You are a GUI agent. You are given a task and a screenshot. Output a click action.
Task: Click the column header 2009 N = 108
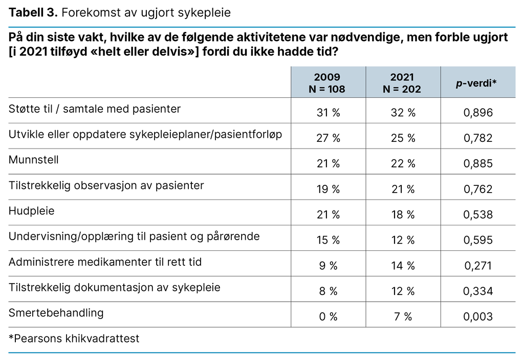[329, 83]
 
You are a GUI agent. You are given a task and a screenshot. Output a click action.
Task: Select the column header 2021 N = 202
[402, 83]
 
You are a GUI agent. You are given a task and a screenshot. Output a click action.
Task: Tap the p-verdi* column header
[477, 83]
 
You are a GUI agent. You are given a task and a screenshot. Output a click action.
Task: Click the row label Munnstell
[34, 160]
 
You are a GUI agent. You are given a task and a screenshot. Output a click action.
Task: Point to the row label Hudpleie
[32, 211]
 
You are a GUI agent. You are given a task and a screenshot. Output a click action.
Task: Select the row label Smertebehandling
[56, 313]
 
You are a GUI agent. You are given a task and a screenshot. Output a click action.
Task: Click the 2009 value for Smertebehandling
[328, 316]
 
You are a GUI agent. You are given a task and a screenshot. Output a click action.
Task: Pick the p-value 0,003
[477, 316]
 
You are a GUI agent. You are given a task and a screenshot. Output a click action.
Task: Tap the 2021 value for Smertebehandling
[402, 316]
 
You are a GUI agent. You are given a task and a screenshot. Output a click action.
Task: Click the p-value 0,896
[477, 113]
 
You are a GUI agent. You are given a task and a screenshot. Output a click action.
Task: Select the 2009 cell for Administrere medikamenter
[328, 266]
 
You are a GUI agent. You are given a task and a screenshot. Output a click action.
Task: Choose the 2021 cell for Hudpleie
[402, 215]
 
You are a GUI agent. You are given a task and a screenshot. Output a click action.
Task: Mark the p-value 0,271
[477, 266]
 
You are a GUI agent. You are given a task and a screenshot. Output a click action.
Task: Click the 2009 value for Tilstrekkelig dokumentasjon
[328, 291]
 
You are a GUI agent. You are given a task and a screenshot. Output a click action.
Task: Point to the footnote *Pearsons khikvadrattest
[74, 338]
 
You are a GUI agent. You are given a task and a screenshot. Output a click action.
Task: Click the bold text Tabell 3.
[33, 13]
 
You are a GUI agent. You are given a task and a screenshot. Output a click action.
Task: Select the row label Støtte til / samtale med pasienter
[95, 109]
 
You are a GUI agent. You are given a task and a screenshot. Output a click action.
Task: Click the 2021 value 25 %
[402, 138]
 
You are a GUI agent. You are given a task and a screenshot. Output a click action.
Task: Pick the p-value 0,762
[477, 189]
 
